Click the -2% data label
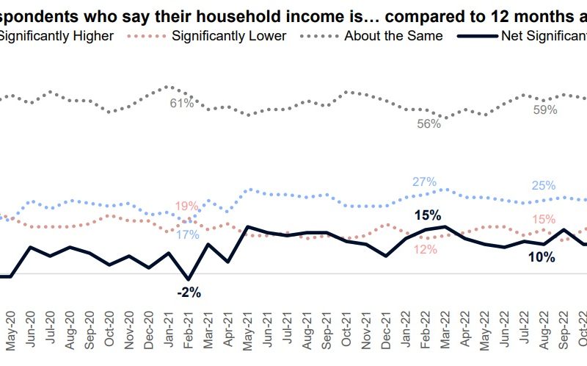coord(189,293)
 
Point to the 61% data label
coord(182,104)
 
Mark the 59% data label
coord(545,110)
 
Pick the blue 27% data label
coord(424,182)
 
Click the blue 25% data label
coord(543,185)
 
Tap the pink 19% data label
coord(186,206)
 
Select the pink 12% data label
coord(425,250)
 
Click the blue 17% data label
coord(188,235)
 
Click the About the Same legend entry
coord(393,35)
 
